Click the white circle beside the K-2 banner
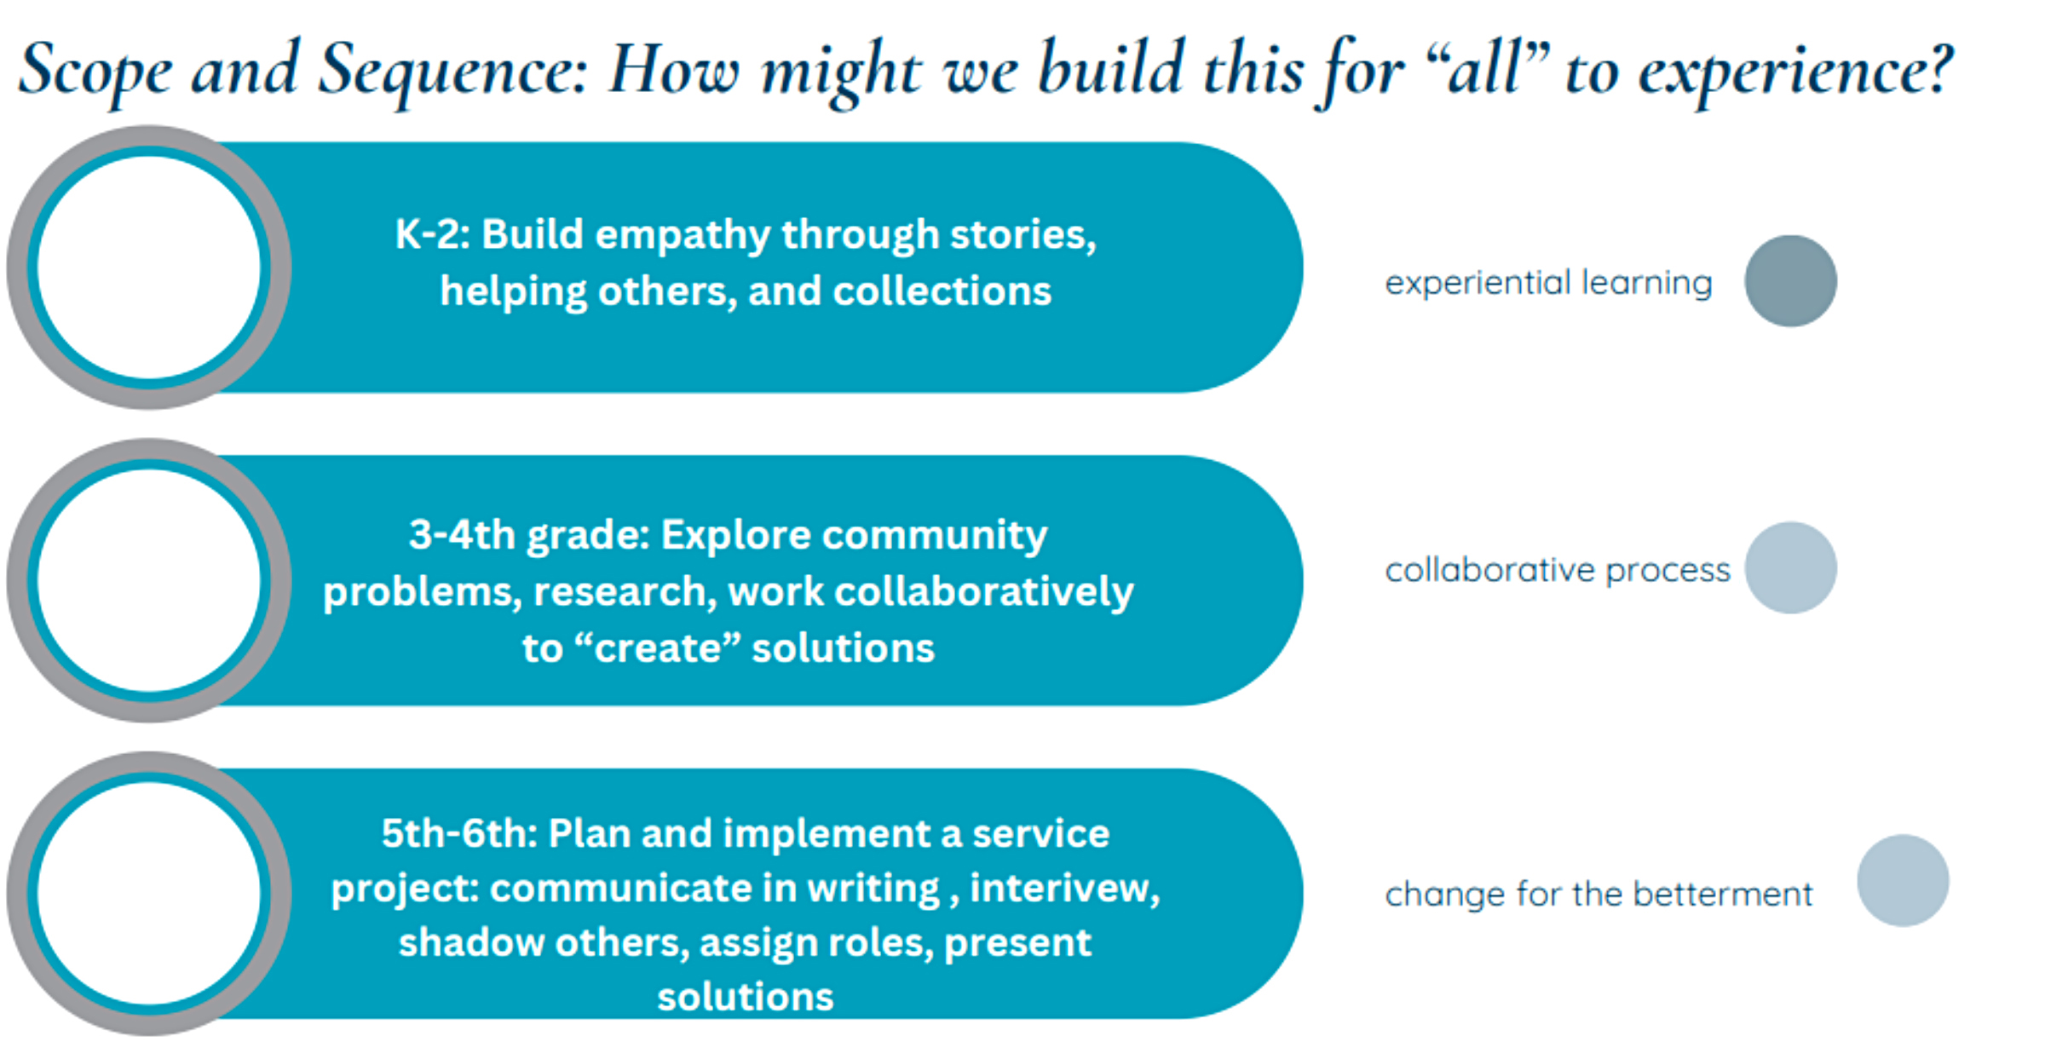(x=149, y=268)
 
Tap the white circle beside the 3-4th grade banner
(x=149, y=581)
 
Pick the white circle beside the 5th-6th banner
(x=149, y=894)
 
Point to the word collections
(x=942, y=291)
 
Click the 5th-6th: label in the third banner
(x=459, y=833)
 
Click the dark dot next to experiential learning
(x=1790, y=281)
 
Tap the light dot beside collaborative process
(x=1790, y=567)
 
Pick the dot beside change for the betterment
(x=1903, y=880)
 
